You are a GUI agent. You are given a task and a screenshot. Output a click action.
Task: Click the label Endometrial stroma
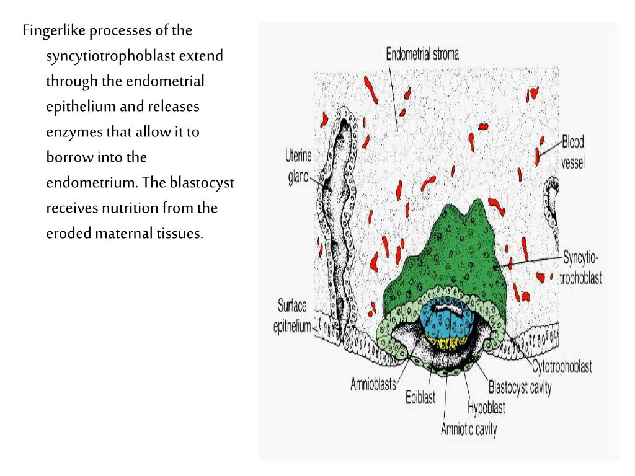pyautogui.click(x=422, y=54)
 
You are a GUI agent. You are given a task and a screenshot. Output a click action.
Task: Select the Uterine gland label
pyautogui.click(x=297, y=165)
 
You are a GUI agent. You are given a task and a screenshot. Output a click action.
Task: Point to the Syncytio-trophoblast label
pyautogui.click(x=580, y=267)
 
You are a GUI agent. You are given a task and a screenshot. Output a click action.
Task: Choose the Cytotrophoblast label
pyautogui.click(x=561, y=366)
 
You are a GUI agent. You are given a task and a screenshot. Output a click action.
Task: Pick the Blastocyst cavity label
pyautogui.click(x=520, y=389)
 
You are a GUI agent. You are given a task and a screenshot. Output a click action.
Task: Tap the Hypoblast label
pyautogui.click(x=486, y=408)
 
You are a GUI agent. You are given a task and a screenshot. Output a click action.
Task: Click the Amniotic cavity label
pyautogui.click(x=469, y=429)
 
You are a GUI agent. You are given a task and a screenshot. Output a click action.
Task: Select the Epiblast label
pyautogui.click(x=420, y=397)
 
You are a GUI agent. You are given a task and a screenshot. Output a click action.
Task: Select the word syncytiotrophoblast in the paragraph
pyautogui.click(x=111, y=56)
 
